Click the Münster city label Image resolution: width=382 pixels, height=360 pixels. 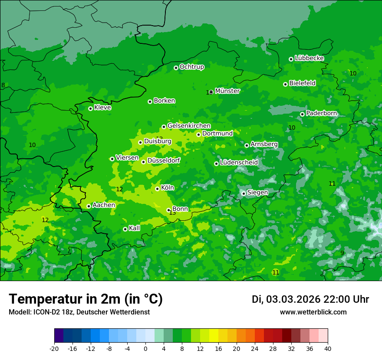tap(227, 91)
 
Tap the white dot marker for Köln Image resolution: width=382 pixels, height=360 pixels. tap(157, 189)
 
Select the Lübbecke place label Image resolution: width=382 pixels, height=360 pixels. tap(309, 58)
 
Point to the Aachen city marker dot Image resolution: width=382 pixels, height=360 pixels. tap(89, 206)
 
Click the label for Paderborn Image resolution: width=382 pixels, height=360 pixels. tap(321, 113)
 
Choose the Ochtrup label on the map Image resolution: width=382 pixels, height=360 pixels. tap(191, 67)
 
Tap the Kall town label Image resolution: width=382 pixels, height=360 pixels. tap(134, 228)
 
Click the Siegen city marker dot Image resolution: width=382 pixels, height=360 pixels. tap(244, 193)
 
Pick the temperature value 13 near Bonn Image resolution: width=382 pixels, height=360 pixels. tap(172, 213)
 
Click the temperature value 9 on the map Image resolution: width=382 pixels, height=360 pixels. tap(342, 253)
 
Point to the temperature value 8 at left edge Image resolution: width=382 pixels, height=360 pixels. tap(3, 85)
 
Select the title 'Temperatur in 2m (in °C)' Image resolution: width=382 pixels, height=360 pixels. tap(86, 299)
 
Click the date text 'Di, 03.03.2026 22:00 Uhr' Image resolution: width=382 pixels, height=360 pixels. tap(310, 299)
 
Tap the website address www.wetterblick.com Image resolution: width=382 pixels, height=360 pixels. tap(313, 312)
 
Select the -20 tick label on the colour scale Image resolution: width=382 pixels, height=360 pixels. tap(54, 348)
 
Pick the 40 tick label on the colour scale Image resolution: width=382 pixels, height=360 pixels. tap(328, 348)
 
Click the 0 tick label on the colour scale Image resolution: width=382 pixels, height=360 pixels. tap(145, 348)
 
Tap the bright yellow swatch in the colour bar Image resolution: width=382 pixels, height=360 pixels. tap(214, 336)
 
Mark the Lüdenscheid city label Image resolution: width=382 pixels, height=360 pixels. tap(239, 163)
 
